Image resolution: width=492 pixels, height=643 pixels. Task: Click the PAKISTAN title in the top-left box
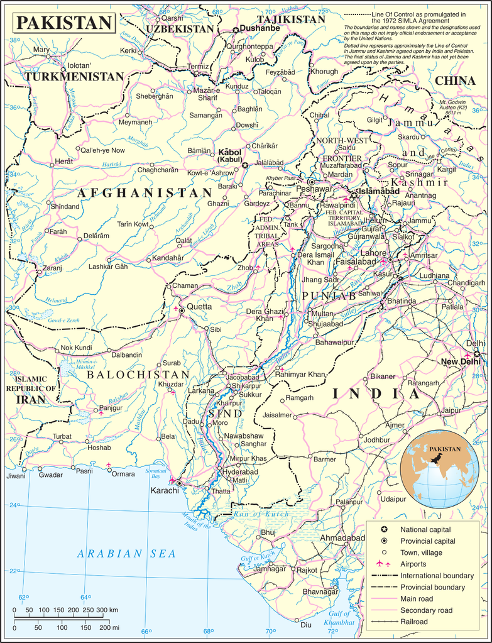(x=63, y=23)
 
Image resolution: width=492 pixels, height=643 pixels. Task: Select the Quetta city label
(x=199, y=307)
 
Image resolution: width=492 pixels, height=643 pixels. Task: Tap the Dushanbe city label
(x=260, y=29)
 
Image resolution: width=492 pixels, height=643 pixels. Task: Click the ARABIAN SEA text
(x=126, y=554)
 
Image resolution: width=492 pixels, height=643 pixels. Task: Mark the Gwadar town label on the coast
(x=50, y=475)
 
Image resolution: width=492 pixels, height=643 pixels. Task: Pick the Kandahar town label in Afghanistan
(x=168, y=258)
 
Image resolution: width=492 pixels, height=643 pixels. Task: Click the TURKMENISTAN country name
(x=74, y=77)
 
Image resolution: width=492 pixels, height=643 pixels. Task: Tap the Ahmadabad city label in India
(x=342, y=539)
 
